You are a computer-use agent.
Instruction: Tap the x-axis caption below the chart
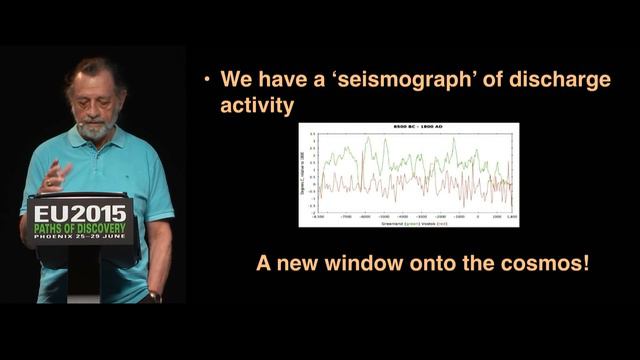coord(409,222)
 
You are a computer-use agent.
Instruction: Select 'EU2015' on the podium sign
coord(79,213)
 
